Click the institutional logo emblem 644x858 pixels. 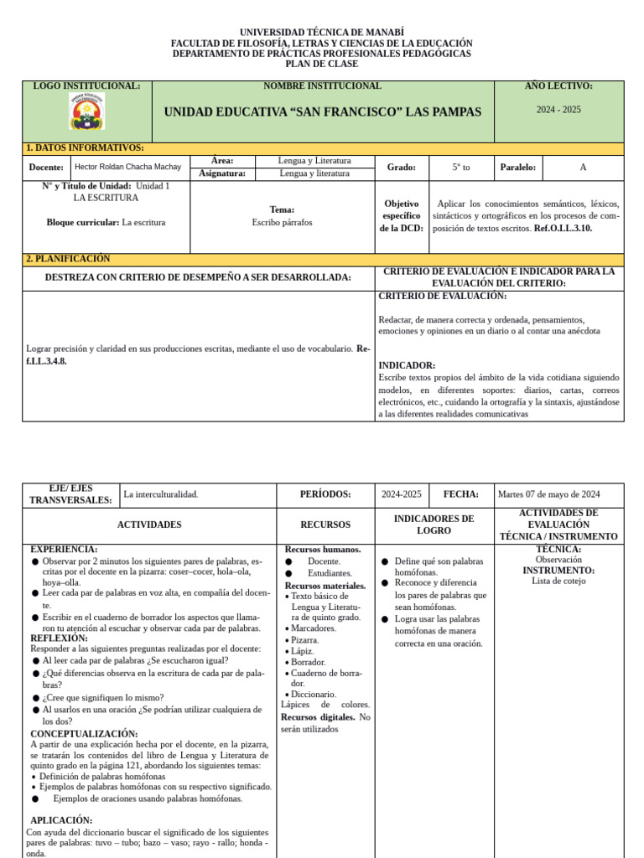click(87, 111)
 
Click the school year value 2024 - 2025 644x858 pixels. click(558, 110)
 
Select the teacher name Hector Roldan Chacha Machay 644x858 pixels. click(127, 167)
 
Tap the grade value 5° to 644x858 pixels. click(461, 168)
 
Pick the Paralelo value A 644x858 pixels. click(583, 168)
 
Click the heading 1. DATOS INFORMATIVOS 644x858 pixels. click(85, 148)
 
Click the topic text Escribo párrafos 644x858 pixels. click(282, 223)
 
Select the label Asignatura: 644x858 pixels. click(222, 173)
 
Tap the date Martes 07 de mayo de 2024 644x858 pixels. click(548, 494)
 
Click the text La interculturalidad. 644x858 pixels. click(161, 494)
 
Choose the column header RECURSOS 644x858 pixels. click(325, 525)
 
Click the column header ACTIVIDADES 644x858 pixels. click(149, 525)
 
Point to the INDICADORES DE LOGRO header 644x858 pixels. click(434, 525)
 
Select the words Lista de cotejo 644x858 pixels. click(558, 581)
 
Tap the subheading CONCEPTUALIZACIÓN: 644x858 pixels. click(84, 733)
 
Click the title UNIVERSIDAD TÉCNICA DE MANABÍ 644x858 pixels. click(322, 32)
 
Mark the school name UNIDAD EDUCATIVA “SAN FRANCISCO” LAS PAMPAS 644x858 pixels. click(323, 112)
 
